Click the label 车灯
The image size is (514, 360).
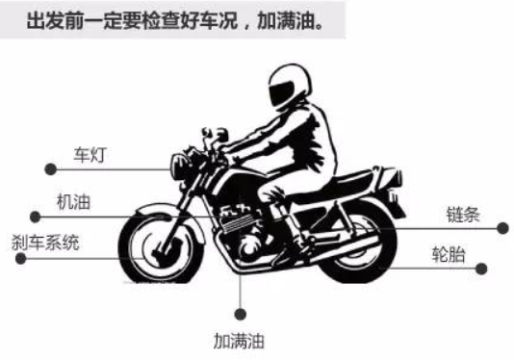[90, 154]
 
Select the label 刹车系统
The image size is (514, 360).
[45, 242]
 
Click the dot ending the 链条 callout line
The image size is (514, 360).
[501, 228]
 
